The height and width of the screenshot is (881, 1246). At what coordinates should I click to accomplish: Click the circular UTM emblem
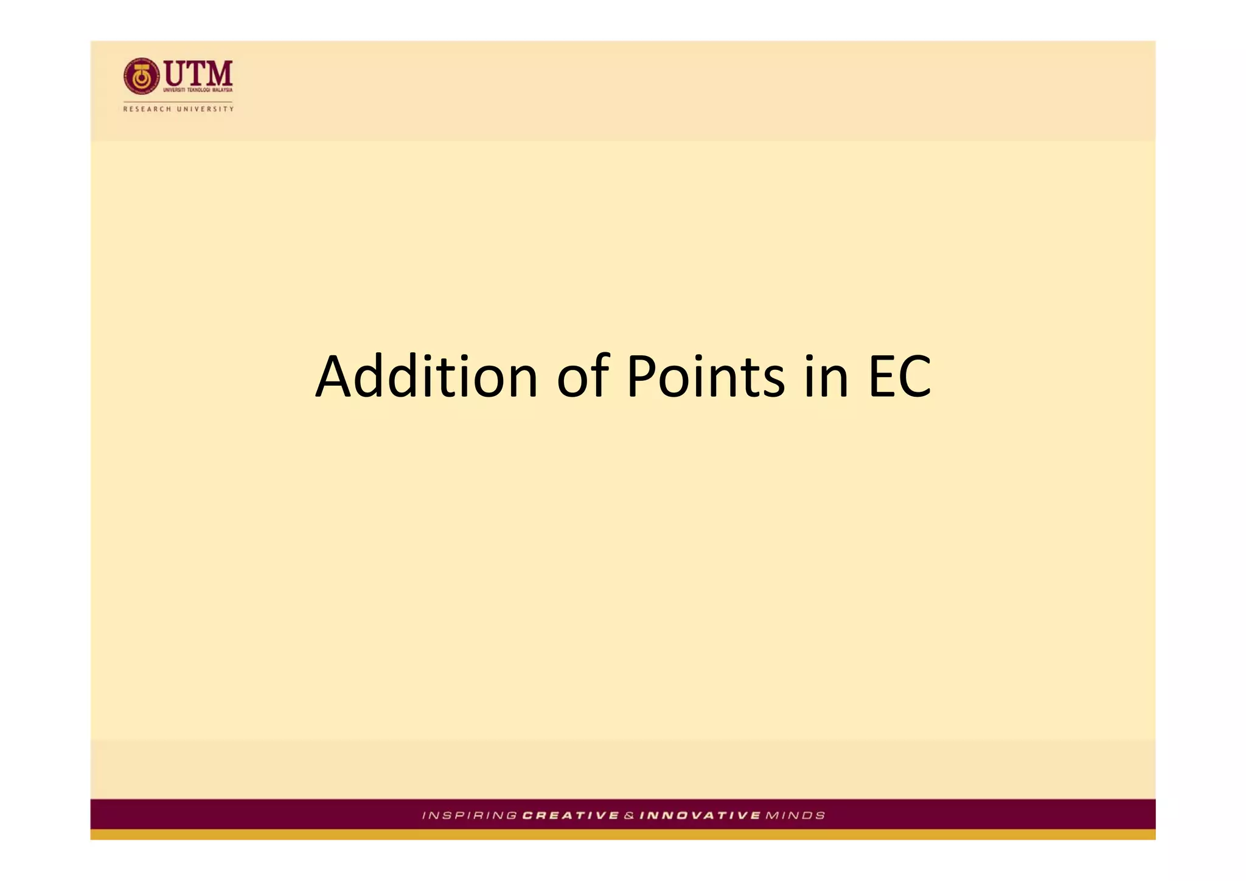click(x=141, y=77)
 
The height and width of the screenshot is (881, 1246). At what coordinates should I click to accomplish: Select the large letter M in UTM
click(x=218, y=74)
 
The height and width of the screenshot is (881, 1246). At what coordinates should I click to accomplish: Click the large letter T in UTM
click(x=197, y=74)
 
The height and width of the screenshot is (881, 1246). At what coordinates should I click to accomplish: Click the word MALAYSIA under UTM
click(x=222, y=90)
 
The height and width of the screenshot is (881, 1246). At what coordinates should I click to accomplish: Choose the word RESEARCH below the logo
click(x=147, y=109)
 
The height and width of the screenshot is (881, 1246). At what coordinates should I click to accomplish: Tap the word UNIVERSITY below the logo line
click(x=205, y=109)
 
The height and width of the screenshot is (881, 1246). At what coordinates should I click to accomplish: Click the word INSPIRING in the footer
click(x=470, y=815)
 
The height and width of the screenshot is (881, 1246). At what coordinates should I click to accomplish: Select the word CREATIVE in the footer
click(x=571, y=815)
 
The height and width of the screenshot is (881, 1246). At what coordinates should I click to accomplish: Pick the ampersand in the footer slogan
click(x=629, y=815)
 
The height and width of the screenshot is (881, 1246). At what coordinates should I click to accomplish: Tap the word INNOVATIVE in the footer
click(x=700, y=815)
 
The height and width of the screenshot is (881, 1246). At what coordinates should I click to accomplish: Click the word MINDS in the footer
click(x=795, y=815)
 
